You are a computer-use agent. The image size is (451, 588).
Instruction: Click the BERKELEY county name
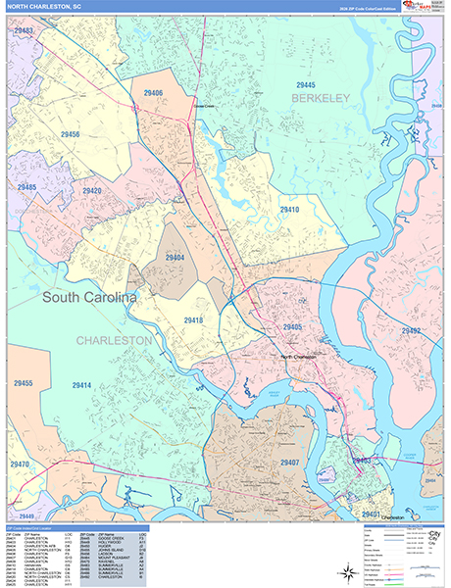pos(320,99)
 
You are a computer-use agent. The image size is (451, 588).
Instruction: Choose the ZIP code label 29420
pos(91,191)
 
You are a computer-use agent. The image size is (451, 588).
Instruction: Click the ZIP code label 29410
pos(288,210)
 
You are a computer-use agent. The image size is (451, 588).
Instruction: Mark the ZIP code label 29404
pos(175,258)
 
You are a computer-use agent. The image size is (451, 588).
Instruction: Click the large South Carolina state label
pos(89,295)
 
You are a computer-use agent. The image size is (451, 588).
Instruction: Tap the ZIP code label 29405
pos(292,326)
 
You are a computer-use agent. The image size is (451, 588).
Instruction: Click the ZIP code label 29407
pos(289,462)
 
